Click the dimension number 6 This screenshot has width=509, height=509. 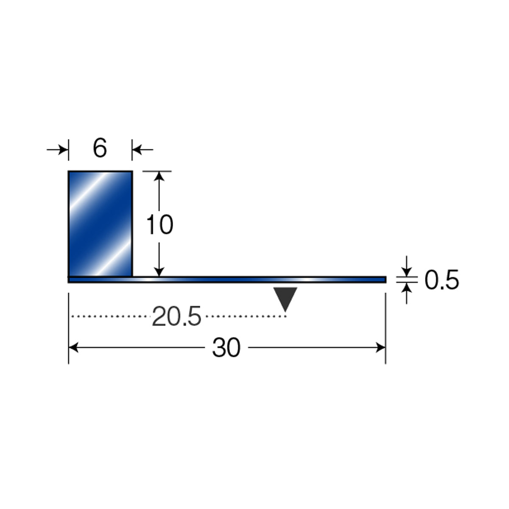100,148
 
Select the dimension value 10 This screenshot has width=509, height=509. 160,224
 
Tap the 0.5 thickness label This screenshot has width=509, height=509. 442,280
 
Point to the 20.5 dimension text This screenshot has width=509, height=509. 176,316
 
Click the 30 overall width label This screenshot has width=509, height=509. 227,348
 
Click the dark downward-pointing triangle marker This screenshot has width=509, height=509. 285,297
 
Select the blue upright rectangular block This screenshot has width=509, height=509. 101,224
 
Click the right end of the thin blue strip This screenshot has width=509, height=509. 386,280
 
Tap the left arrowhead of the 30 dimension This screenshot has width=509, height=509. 73,347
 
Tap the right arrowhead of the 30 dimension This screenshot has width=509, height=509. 381,347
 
